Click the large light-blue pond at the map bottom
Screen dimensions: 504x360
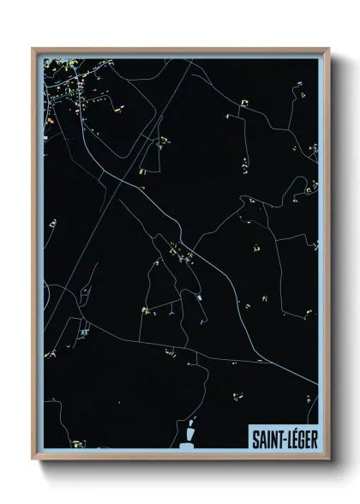coord(186,443)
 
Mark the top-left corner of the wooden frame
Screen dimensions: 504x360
coord(33,49)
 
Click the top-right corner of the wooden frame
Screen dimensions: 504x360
coord(328,49)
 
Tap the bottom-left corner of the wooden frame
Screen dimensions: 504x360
coord(33,459)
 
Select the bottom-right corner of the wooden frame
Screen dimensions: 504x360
coord(328,459)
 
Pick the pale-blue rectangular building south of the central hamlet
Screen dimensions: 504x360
coord(200,297)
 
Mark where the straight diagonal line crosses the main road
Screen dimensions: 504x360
coord(103,173)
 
